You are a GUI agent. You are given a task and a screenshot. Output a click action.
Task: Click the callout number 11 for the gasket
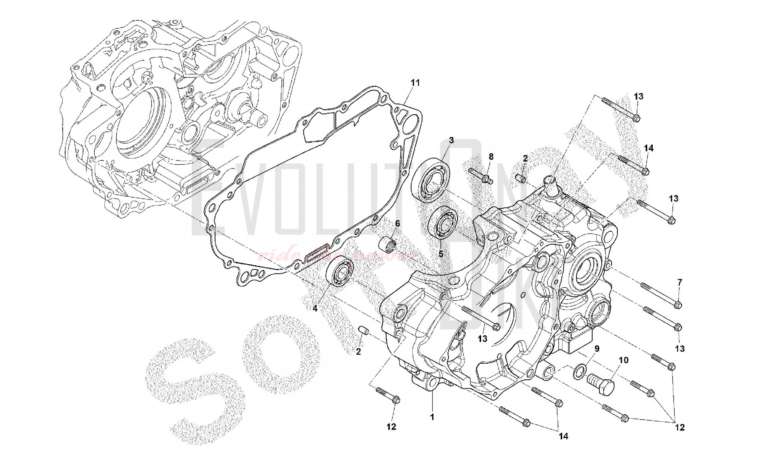coord(416,82)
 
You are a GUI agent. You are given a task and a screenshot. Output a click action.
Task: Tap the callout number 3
coord(451,140)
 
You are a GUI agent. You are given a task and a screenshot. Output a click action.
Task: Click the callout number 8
coord(491,157)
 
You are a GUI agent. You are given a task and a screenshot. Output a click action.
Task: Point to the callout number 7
coord(680,282)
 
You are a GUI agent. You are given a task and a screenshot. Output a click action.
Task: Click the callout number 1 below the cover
coord(432,417)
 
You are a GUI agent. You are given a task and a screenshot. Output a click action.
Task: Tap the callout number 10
coord(624,360)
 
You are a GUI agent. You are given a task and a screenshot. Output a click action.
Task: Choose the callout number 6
coord(397,223)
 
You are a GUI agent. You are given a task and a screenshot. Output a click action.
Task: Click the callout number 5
coord(441,254)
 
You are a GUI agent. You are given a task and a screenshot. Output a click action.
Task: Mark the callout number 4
coord(314,308)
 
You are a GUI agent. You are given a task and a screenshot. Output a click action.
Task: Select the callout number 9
coord(597,349)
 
